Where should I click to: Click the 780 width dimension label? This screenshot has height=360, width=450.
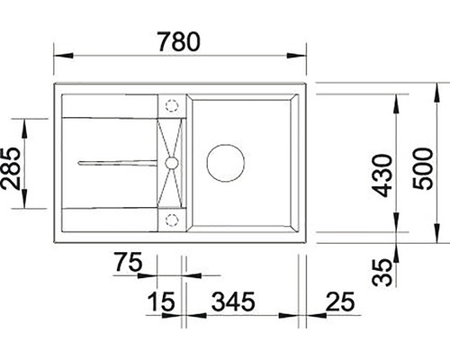pyautogui.click(x=178, y=41)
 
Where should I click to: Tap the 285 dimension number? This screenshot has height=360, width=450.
pyautogui.click(x=11, y=168)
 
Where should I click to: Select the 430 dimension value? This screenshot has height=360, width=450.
pyautogui.click(x=382, y=175)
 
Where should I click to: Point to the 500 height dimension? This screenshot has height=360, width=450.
pyautogui.click(x=423, y=168)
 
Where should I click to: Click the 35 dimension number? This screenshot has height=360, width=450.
pyautogui.click(x=382, y=272)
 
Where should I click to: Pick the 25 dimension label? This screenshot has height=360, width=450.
pyautogui.click(x=340, y=301)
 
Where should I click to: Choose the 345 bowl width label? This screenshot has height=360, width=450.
pyautogui.click(x=233, y=301)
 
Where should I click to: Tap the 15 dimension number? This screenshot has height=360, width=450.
pyautogui.click(x=161, y=301)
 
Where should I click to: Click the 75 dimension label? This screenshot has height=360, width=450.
pyautogui.click(x=128, y=262)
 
